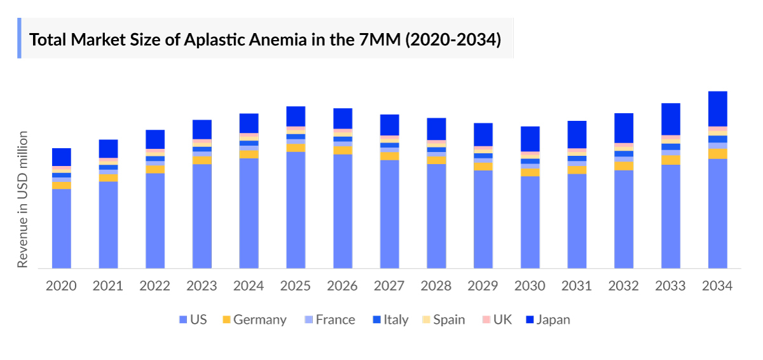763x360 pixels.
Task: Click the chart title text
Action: click(x=265, y=39)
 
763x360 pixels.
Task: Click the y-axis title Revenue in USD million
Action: click(x=23, y=199)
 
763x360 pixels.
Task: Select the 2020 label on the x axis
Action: click(x=61, y=286)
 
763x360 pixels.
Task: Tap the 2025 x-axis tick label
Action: click(x=296, y=286)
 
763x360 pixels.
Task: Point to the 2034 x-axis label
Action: click(x=717, y=286)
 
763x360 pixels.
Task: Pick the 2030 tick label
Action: click(x=530, y=286)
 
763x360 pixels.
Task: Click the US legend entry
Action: click(x=193, y=319)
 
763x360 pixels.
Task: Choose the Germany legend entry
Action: click(x=252, y=319)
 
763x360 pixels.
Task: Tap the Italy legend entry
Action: click(x=389, y=319)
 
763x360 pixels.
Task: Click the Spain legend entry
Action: click(x=443, y=319)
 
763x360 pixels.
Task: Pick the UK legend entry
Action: click(x=496, y=319)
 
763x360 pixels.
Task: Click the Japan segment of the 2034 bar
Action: click(x=717, y=109)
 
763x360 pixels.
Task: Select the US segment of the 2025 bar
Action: click(x=296, y=210)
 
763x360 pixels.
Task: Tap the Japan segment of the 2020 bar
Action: click(x=61, y=156)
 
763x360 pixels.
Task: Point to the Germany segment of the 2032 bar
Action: click(x=624, y=165)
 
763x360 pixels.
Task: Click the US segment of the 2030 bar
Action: click(x=530, y=222)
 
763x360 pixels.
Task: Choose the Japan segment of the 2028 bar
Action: click(x=436, y=128)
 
